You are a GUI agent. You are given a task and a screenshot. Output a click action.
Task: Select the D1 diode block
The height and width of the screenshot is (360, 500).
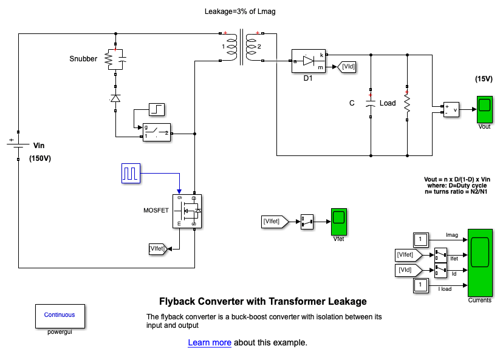pyautogui.click(x=309, y=61)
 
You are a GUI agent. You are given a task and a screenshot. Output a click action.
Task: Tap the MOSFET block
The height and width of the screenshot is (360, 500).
pyautogui.click(x=187, y=211)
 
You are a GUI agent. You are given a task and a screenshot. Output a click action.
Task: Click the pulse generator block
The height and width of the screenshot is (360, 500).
pyautogui.click(x=131, y=173)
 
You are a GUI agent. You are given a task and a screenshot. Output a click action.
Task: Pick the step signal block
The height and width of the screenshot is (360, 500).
pyautogui.click(x=157, y=110)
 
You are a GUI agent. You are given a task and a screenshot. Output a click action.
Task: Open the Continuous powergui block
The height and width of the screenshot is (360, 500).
pyautogui.click(x=60, y=315)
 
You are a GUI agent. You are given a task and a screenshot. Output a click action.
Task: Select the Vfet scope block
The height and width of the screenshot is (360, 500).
pyautogui.click(x=339, y=222)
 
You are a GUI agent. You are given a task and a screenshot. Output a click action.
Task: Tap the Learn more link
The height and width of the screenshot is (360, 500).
pyautogui.click(x=210, y=342)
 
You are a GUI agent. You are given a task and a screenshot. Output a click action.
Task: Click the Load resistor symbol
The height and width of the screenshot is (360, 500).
pyautogui.click(x=407, y=103)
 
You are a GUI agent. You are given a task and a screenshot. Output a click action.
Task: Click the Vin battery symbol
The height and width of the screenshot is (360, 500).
pyautogui.click(x=18, y=146)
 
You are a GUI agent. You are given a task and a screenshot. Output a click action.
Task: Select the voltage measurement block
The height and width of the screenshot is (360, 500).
pyautogui.click(x=451, y=109)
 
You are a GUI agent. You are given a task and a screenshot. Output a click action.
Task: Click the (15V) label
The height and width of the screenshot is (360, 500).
pyautogui.click(x=484, y=79)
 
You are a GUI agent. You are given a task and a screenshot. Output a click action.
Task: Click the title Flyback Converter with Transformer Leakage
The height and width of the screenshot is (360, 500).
pyautogui.click(x=262, y=301)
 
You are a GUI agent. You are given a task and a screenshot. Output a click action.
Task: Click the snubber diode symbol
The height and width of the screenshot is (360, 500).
pyautogui.click(x=115, y=97)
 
